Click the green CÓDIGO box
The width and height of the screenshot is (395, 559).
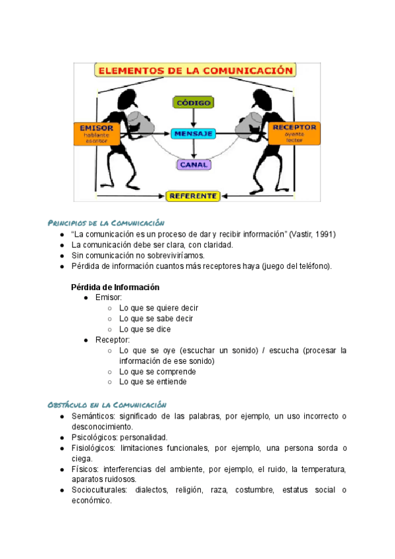[x=193, y=102]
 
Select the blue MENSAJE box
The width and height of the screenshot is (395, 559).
[x=193, y=134]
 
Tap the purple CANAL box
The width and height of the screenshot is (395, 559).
[x=193, y=164]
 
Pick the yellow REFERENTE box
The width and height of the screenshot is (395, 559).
[x=192, y=196]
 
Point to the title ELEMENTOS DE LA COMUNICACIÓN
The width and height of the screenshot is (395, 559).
[x=195, y=69]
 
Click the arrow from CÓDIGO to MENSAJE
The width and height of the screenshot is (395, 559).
[x=193, y=118]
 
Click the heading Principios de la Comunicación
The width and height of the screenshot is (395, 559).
[x=106, y=223]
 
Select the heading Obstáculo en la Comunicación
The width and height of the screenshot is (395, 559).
[x=107, y=404]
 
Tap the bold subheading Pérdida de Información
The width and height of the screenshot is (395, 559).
[x=115, y=287]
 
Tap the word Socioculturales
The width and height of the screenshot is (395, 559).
[x=99, y=490]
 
